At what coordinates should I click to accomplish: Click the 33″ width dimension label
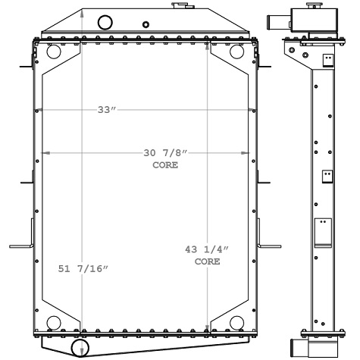106,110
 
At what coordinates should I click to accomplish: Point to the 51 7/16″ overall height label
83,269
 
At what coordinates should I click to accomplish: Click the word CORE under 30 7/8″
165,165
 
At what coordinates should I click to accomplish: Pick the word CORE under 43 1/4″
207,261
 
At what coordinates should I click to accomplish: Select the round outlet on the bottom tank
80,347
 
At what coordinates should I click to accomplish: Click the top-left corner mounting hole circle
54,53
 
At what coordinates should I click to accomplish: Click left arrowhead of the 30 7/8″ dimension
45,154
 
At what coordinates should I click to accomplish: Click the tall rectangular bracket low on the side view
324,233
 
